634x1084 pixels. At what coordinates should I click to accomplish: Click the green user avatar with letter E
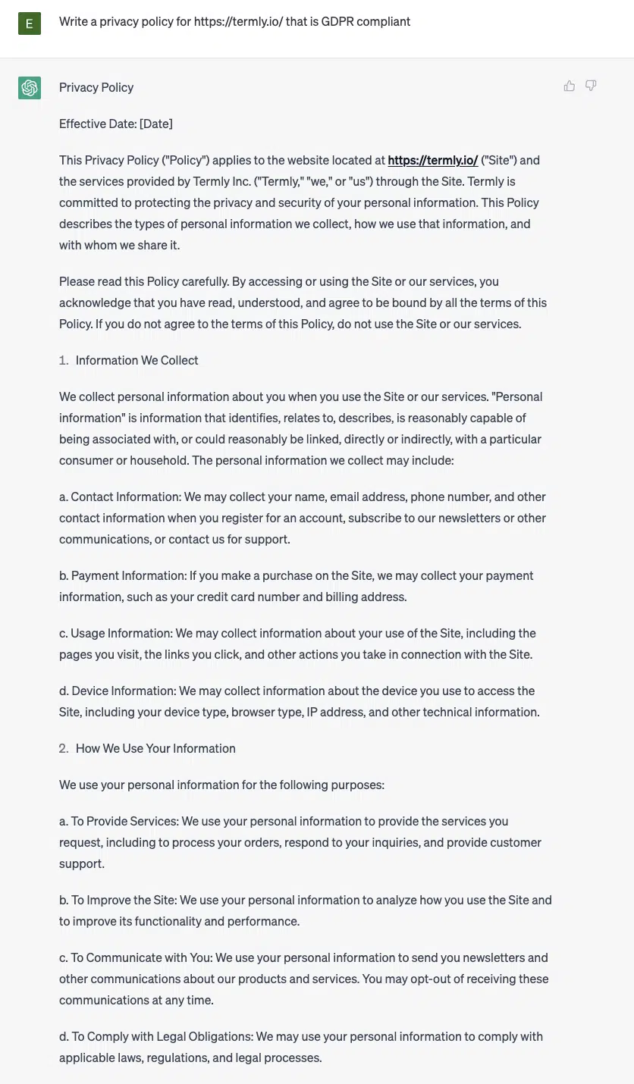pos(30,23)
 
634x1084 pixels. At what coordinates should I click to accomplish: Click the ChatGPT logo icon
pos(30,88)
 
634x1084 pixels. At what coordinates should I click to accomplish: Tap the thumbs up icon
pos(570,86)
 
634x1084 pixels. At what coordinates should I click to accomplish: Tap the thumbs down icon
pos(591,86)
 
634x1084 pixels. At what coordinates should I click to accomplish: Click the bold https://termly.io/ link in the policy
pos(432,160)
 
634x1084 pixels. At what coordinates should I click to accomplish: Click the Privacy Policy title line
pos(96,87)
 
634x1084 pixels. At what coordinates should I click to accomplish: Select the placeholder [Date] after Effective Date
pos(156,124)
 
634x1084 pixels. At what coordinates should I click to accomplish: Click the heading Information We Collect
pos(137,360)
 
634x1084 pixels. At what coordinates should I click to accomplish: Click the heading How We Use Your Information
pos(155,748)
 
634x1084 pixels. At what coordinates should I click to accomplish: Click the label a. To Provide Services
pos(118,821)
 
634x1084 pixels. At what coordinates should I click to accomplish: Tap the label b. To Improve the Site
pos(118,900)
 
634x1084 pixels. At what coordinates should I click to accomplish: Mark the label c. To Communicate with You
pos(135,957)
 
